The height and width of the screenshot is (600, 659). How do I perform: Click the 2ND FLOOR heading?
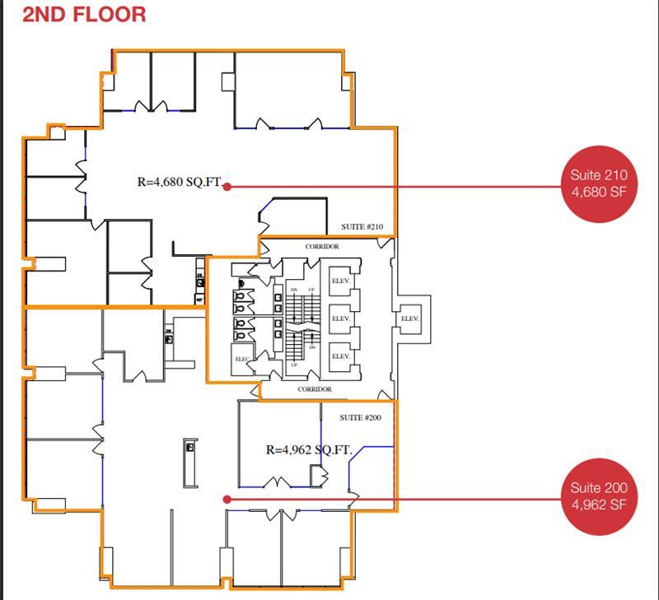84,14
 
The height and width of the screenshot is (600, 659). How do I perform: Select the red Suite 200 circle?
598,496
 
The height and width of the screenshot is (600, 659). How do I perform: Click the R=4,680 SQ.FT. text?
179,182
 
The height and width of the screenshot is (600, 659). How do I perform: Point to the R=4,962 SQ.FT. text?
309,450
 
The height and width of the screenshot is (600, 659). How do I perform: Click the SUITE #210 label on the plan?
362,227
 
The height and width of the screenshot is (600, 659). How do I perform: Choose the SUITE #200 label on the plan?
360,417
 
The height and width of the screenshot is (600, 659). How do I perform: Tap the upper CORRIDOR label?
321,246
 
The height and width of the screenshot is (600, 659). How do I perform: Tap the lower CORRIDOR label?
315,388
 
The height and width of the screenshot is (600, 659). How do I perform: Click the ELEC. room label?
241,359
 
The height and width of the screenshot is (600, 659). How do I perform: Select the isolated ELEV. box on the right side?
409,319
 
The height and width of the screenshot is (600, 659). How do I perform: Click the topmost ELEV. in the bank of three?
341,281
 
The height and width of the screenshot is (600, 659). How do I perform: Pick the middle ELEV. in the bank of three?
341,319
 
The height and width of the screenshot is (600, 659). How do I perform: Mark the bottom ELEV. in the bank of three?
341,356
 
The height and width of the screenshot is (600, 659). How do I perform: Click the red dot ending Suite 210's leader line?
227,187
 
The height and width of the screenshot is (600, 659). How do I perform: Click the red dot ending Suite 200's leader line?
227,499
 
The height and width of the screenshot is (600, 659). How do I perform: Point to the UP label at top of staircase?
311,291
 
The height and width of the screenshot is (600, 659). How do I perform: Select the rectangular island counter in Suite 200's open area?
190,463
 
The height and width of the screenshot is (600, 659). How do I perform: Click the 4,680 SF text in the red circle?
598,192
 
